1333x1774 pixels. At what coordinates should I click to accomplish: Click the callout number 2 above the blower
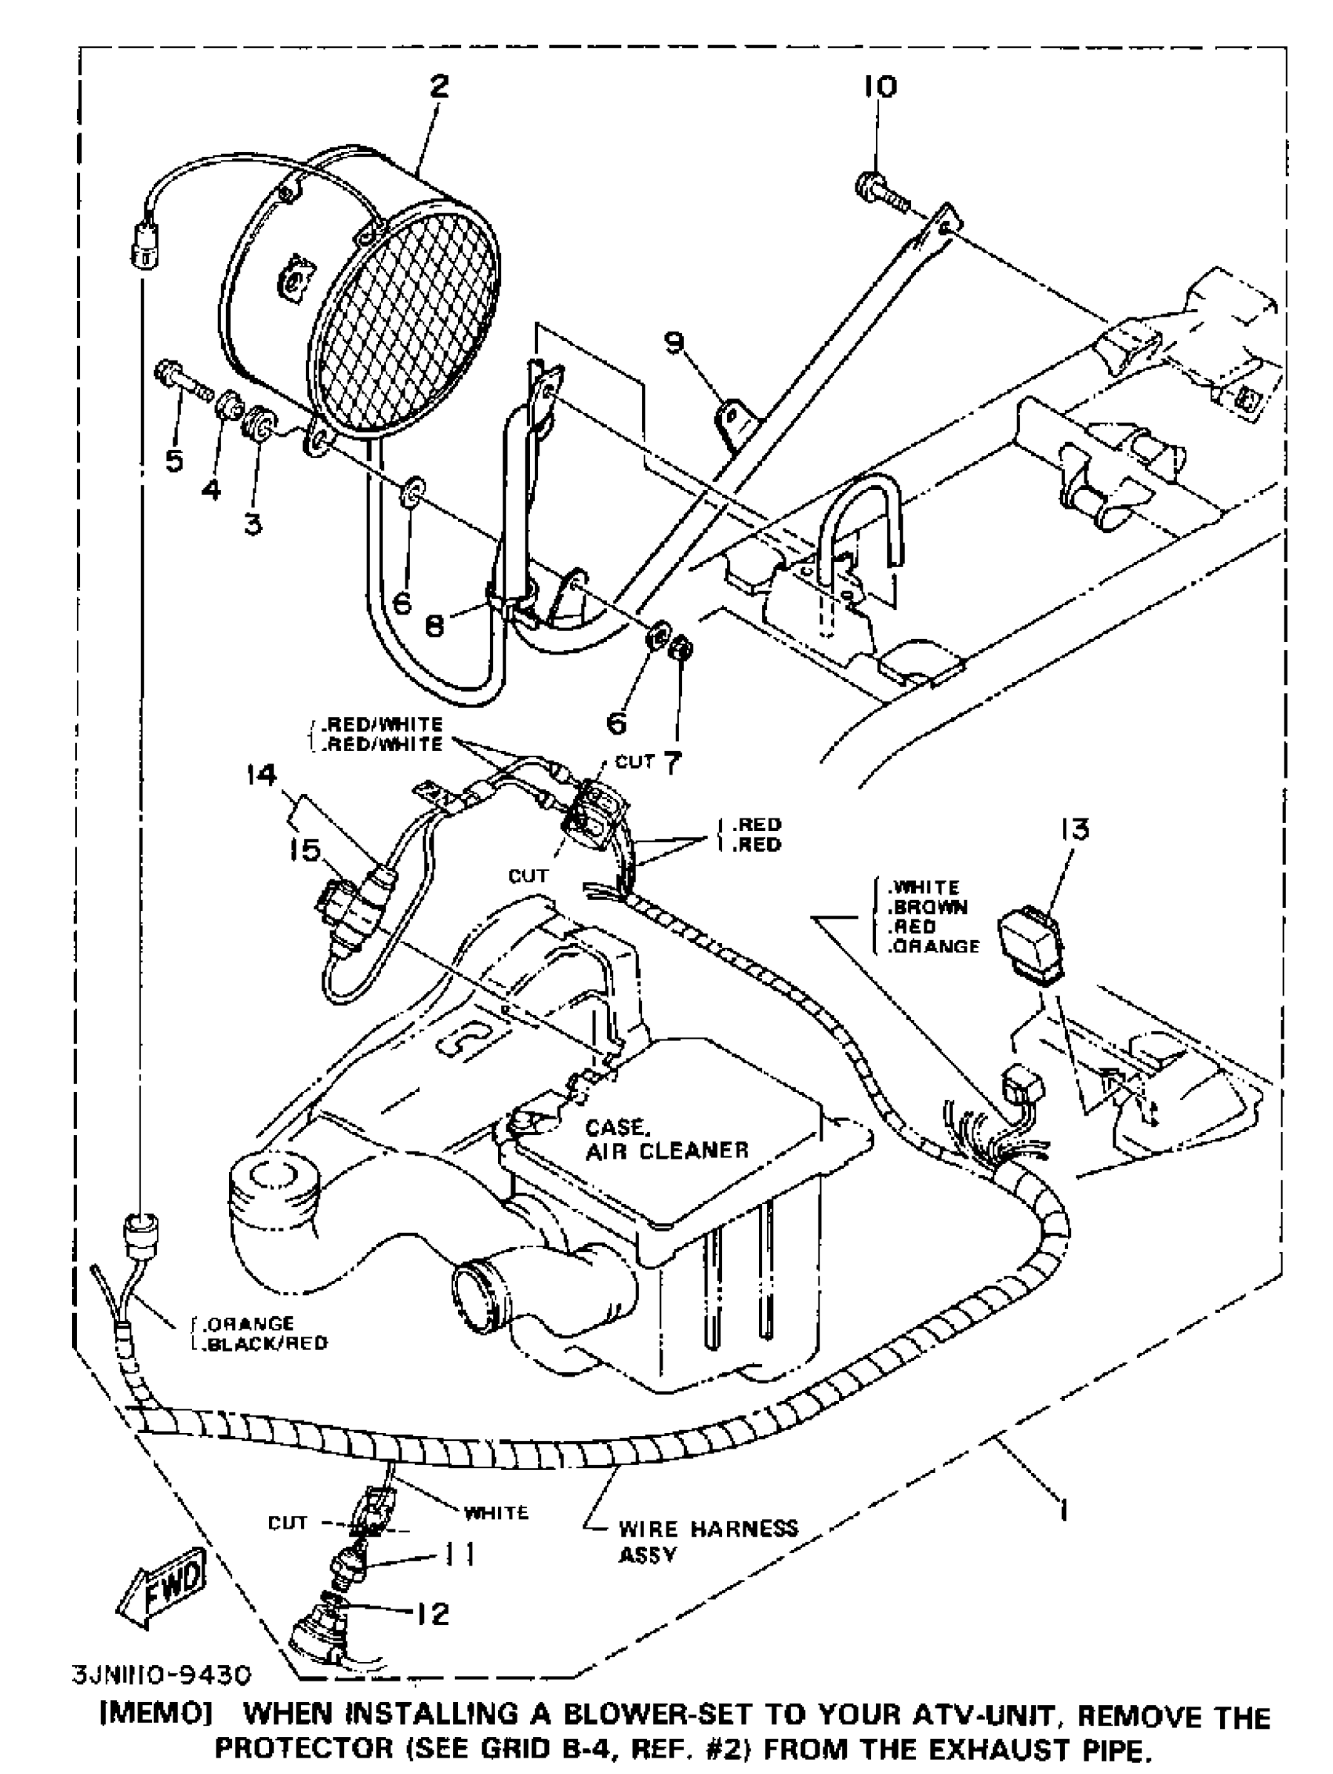[x=439, y=86]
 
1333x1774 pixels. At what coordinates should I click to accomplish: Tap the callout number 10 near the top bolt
[x=880, y=85]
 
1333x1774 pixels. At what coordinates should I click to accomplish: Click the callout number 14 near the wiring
[x=261, y=775]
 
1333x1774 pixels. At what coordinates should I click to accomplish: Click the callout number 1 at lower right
[x=1063, y=1510]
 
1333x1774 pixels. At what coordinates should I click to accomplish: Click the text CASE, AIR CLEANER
[x=666, y=1139]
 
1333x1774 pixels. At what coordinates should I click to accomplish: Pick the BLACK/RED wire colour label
[x=265, y=1343]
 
